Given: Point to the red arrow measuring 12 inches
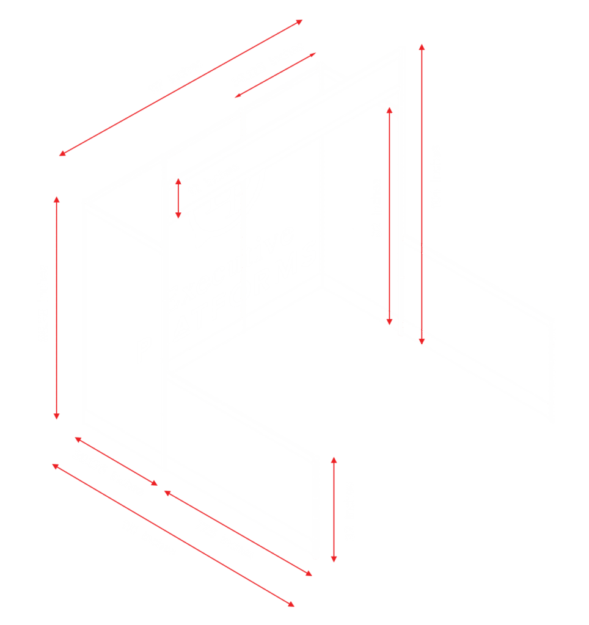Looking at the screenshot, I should point(178,198).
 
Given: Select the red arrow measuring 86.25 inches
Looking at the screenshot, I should point(57,308).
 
